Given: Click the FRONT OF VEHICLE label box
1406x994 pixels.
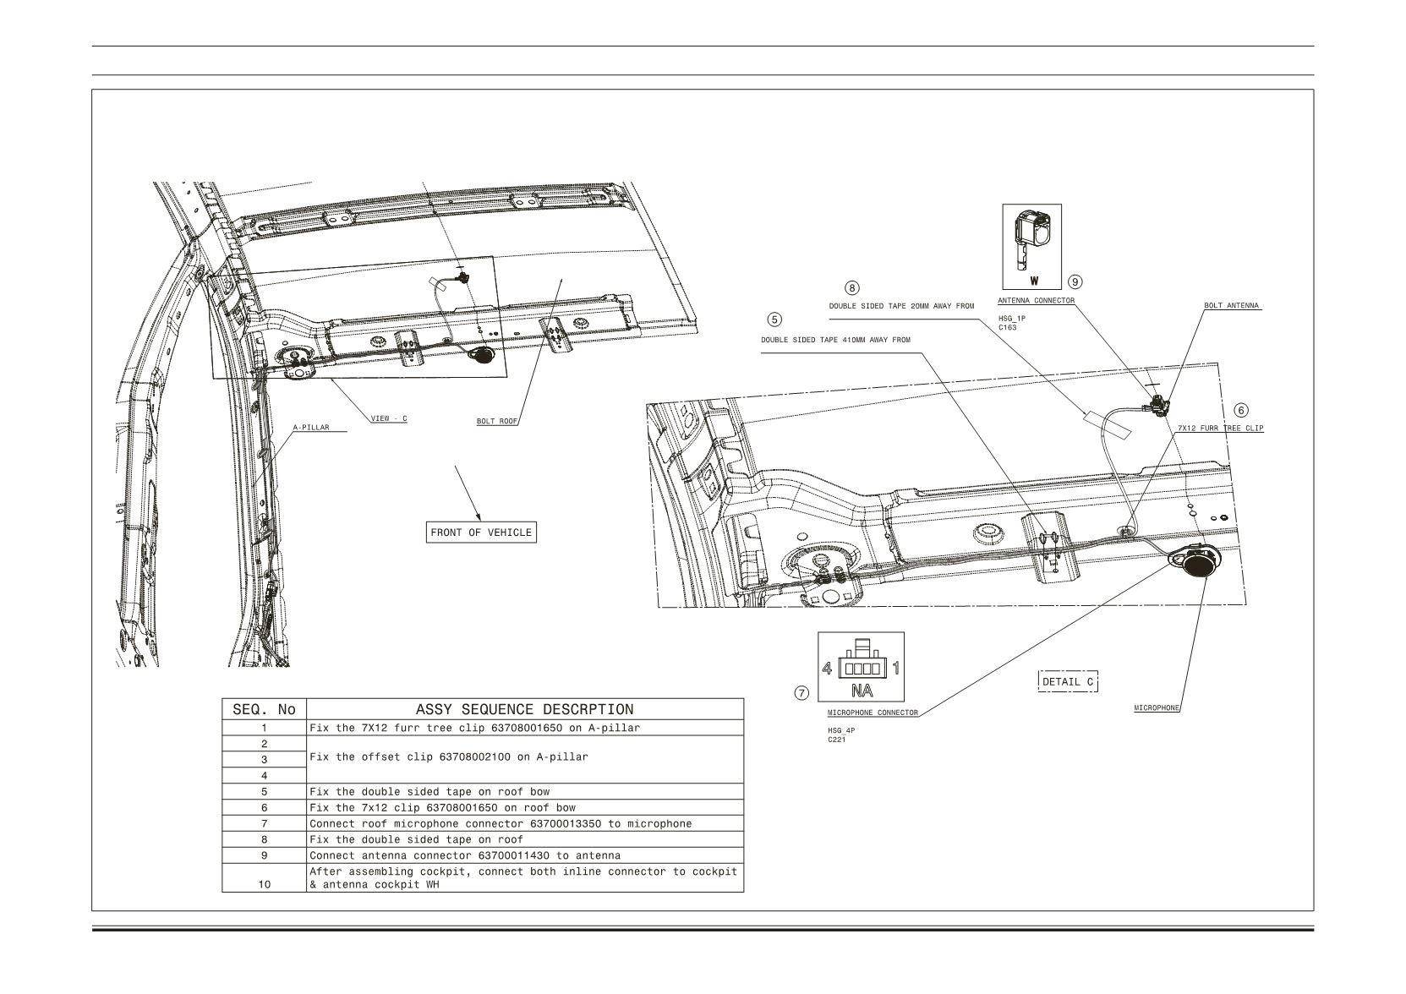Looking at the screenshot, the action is click(481, 532).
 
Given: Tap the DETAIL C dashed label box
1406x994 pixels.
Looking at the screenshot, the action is click(1068, 681).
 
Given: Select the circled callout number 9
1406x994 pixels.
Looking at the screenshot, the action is click(1075, 281).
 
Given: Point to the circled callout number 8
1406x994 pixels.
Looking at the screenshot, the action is click(851, 288).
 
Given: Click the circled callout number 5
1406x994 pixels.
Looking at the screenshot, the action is click(774, 319).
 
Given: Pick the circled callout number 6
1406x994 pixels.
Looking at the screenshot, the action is click(1241, 411).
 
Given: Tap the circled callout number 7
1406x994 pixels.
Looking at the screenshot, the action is click(801, 693).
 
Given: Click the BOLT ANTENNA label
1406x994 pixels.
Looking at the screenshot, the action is click(1232, 306).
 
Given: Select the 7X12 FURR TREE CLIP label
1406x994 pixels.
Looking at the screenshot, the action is click(1220, 428).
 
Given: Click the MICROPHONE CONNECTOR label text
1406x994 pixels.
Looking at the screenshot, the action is click(873, 713).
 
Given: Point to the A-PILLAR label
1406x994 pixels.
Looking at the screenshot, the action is click(310, 428).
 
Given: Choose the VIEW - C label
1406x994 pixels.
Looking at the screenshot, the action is click(389, 418).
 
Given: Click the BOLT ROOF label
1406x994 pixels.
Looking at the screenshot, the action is click(497, 421).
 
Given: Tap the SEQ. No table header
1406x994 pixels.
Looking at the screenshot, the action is click(264, 709).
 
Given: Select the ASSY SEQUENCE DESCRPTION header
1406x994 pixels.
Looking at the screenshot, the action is click(525, 709).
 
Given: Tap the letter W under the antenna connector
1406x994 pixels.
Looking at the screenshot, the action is click(1034, 281).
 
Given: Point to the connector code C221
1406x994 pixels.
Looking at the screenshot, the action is click(837, 740).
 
